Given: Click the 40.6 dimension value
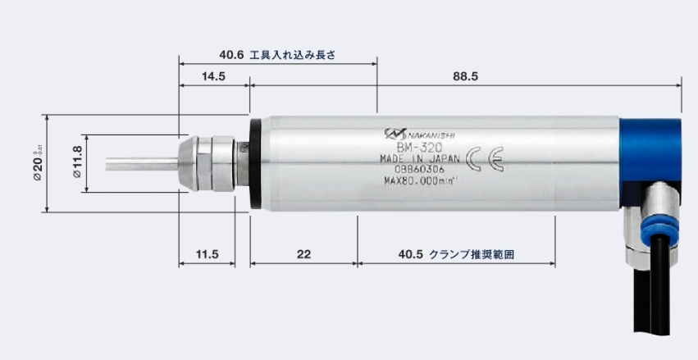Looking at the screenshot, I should (232, 55).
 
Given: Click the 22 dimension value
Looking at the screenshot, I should (303, 255).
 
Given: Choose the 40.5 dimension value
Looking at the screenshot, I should (410, 255).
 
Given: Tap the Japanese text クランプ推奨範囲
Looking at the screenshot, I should (475, 255).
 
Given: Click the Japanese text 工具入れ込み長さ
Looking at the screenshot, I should (293, 55).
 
